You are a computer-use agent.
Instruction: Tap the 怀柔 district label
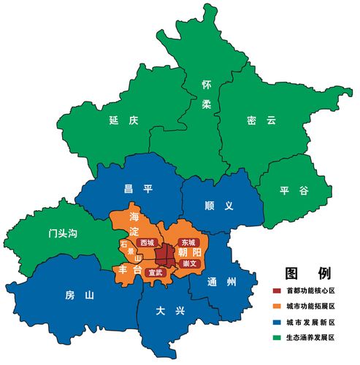click(207, 94)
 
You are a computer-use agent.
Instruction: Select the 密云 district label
click(261, 120)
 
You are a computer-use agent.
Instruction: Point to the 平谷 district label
click(294, 191)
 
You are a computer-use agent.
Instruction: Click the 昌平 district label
click(138, 188)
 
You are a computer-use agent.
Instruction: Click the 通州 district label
click(222, 283)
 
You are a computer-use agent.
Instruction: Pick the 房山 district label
click(80, 296)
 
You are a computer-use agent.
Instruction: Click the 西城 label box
click(147, 242)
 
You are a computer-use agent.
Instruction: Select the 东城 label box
click(188, 241)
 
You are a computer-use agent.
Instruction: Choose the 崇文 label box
click(189, 263)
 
